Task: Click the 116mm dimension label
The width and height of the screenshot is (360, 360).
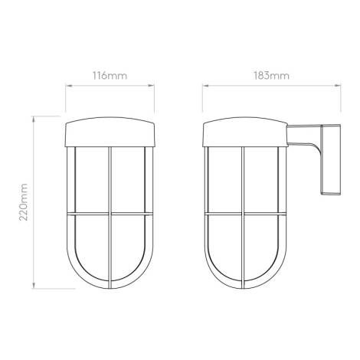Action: (110, 76)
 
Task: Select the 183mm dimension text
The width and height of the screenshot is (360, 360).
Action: (271, 76)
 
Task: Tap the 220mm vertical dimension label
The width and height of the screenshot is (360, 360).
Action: (24, 202)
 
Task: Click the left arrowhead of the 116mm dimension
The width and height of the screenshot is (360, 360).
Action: (69, 86)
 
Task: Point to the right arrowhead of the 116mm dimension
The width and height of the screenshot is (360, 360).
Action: (151, 86)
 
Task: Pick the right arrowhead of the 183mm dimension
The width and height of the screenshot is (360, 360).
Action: (338, 86)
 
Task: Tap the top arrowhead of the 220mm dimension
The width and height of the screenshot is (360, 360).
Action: (33, 119)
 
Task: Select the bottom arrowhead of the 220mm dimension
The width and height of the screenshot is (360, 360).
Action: (33, 286)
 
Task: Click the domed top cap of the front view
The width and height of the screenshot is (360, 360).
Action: (110, 132)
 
